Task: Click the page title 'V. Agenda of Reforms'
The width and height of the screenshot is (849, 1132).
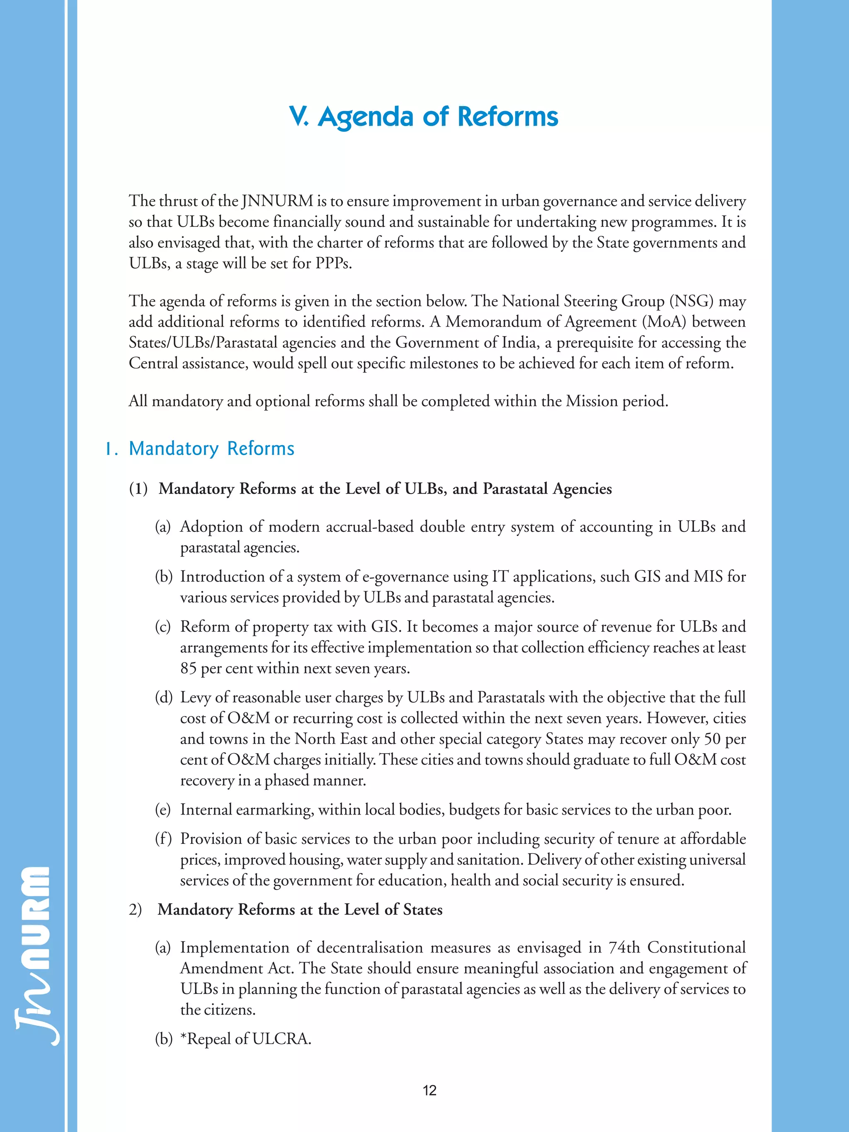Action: pos(424,116)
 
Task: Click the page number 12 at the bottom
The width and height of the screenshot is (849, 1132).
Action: pos(429,1091)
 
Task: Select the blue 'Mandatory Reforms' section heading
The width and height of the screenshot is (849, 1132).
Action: pos(211,449)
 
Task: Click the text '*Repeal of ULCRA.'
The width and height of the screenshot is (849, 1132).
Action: pos(246,1039)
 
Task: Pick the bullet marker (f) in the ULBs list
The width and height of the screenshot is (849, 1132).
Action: pos(163,839)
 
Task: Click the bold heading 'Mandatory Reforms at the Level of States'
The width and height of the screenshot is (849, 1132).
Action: pos(300,909)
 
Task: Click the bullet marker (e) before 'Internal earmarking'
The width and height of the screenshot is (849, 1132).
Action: pos(163,810)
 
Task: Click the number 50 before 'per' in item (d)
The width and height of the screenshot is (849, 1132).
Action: pos(713,739)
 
